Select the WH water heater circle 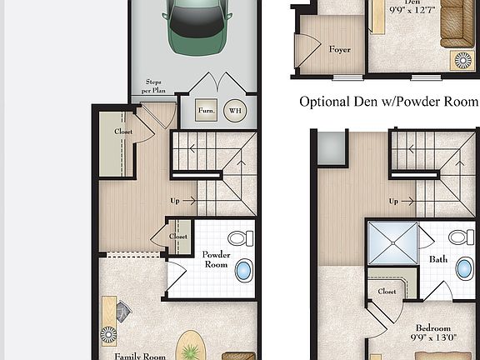(235, 110)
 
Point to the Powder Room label (217, 259)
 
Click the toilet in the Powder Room (240, 238)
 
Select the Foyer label (339, 49)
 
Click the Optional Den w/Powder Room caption (389, 102)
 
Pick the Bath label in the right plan (438, 259)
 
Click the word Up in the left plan (176, 201)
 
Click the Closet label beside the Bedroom (387, 292)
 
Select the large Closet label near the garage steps (123, 132)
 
